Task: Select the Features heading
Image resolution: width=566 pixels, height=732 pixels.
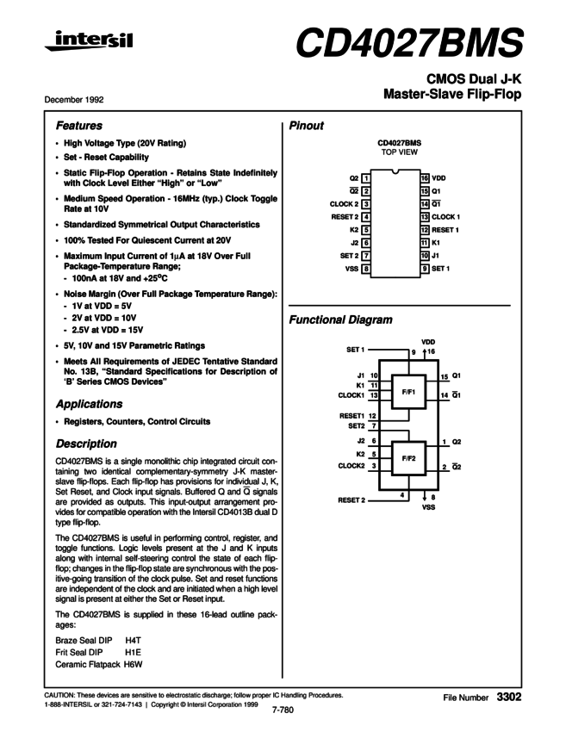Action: click(x=79, y=125)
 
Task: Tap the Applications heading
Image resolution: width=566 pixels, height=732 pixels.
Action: click(x=90, y=404)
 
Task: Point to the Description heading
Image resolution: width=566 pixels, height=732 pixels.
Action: click(x=86, y=444)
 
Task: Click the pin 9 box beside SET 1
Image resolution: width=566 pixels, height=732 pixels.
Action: click(x=425, y=269)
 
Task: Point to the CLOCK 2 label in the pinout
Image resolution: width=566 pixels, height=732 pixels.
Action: click(x=344, y=203)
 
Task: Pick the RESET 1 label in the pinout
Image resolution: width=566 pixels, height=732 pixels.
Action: click(x=446, y=230)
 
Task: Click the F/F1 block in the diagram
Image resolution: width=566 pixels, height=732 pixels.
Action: click(x=408, y=392)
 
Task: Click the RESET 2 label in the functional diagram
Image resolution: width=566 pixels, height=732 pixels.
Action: click(x=351, y=499)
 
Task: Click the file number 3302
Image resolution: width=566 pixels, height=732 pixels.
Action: click(x=509, y=695)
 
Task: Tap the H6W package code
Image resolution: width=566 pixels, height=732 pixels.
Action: click(x=134, y=666)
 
